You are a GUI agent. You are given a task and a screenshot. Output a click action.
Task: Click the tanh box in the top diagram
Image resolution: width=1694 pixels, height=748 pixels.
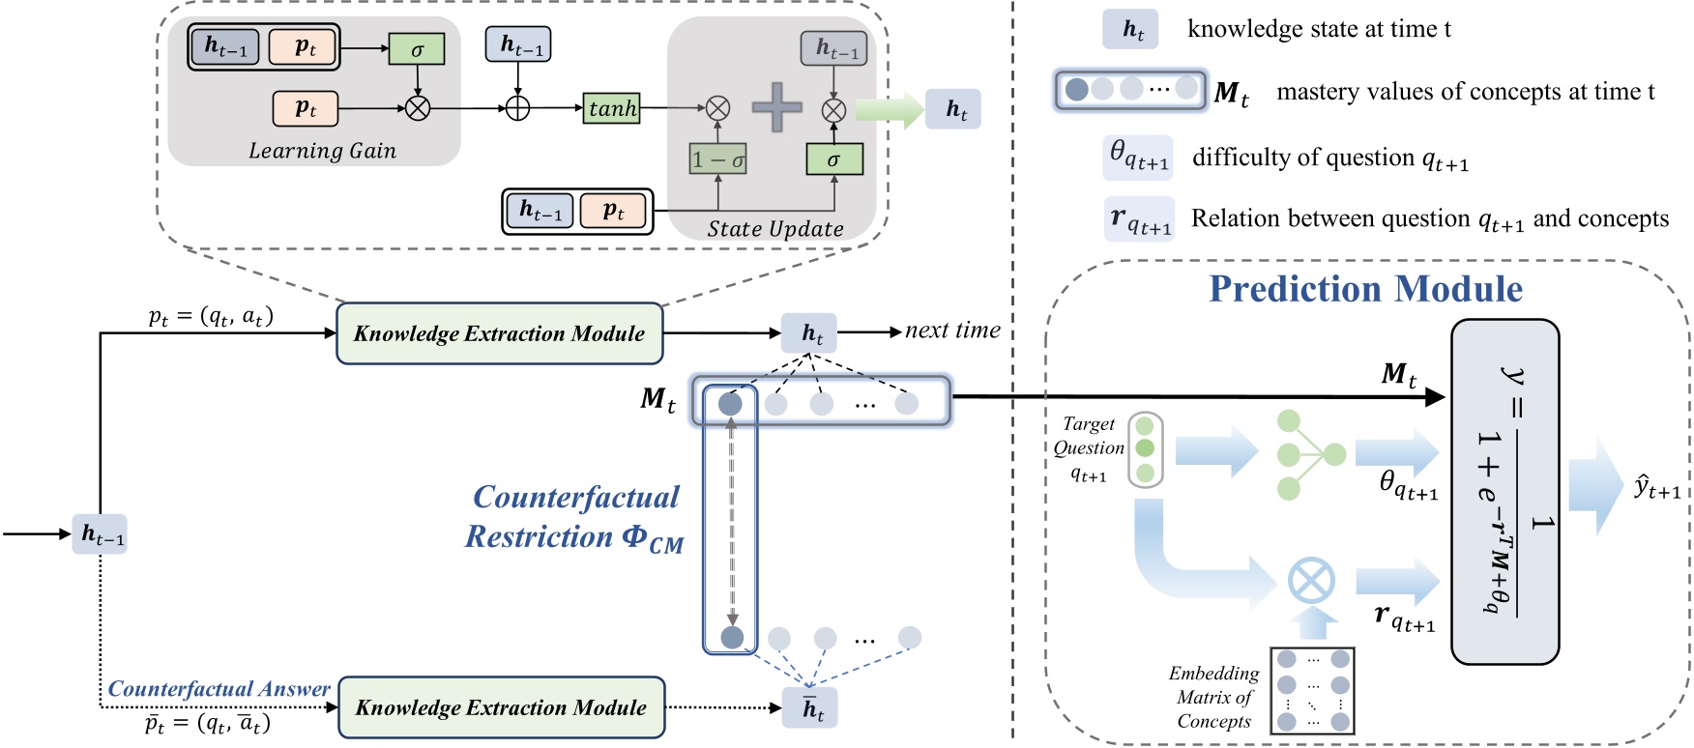[612, 108]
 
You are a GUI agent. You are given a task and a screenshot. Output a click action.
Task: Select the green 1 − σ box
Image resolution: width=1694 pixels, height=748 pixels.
[717, 159]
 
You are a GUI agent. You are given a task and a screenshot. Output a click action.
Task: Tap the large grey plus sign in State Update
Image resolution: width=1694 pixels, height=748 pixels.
[776, 107]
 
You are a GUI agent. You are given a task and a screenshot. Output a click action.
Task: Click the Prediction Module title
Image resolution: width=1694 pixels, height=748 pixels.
[1365, 289]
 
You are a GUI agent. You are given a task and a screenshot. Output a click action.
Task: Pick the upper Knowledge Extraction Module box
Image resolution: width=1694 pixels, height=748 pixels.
[499, 333]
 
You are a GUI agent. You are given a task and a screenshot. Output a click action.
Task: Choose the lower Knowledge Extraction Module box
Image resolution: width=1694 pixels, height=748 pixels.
[501, 707]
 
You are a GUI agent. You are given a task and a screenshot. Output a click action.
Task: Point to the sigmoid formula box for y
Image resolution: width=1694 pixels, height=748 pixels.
[1504, 492]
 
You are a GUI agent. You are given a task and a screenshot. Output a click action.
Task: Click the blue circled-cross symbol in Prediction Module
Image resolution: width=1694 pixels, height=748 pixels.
[1311, 582]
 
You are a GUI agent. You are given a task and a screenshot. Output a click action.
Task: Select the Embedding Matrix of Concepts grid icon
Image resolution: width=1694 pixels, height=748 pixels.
[1312, 690]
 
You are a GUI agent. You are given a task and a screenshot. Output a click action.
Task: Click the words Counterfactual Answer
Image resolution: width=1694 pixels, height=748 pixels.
[219, 688]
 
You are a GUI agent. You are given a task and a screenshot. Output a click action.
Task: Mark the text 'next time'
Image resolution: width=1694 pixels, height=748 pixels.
[951, 331]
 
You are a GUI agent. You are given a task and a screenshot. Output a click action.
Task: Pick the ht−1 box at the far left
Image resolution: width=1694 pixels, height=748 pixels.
[100, 533]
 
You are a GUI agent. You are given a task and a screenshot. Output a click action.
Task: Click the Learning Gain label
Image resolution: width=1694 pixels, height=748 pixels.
[322, 151]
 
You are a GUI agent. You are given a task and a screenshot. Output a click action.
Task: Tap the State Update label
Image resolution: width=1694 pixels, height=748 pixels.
[774, 229]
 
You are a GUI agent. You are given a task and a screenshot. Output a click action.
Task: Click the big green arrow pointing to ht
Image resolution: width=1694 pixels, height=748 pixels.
[889, 109]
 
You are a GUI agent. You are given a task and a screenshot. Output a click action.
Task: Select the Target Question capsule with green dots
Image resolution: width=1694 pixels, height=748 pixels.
[1145, 449]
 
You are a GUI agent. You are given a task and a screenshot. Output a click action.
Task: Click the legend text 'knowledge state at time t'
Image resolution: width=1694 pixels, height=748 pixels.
[1319, 29]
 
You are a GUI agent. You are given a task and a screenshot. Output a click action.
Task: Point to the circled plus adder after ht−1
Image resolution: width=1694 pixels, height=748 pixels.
[518, 108]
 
